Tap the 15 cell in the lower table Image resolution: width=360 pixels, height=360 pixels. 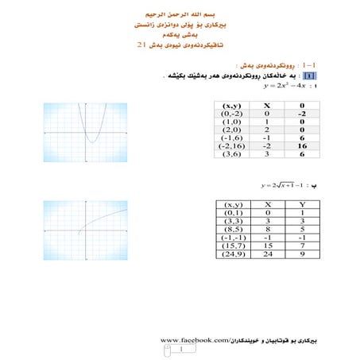tap(269, 246)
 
